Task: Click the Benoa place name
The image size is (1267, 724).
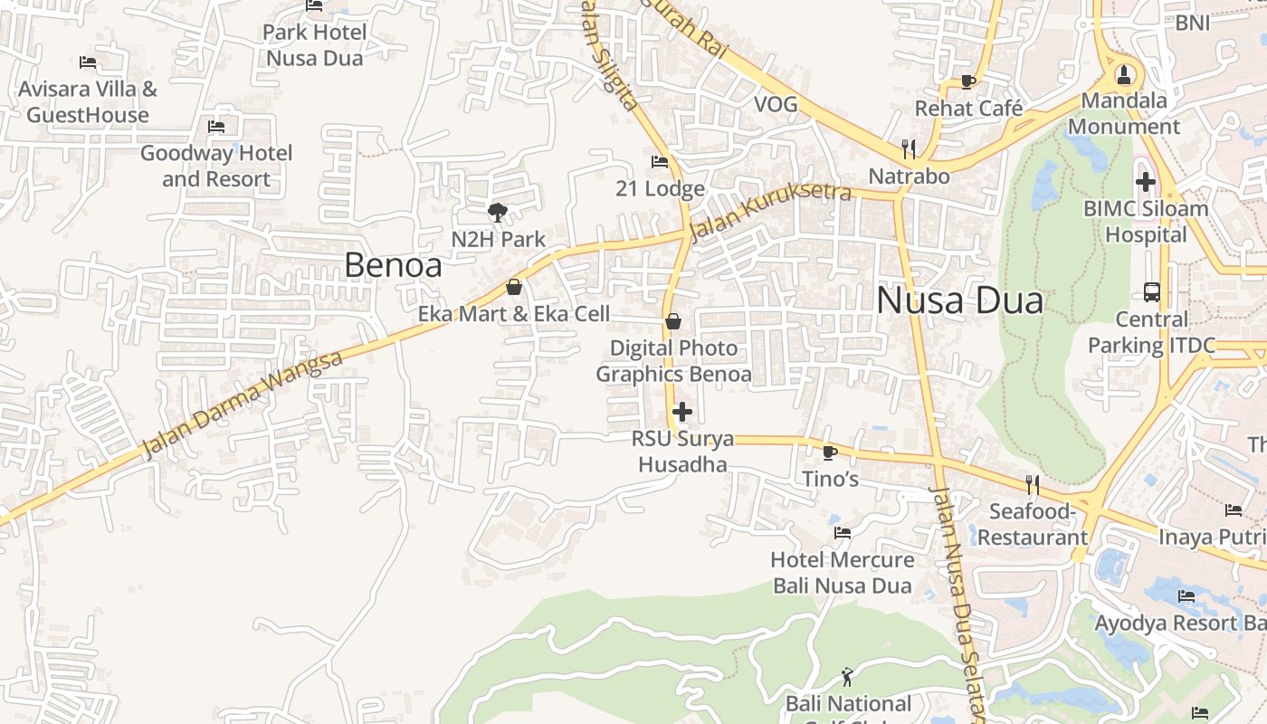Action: click(393, 265)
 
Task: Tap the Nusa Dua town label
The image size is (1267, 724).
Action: click(959, 300)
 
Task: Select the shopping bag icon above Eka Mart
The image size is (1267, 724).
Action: click(514, 287)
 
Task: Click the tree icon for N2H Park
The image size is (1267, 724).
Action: click(497, 213)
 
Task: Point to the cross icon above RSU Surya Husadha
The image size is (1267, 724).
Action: click(681, 412)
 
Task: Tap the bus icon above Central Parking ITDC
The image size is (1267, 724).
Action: click(1151, 292)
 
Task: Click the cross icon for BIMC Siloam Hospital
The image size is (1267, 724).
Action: click(1146, 182)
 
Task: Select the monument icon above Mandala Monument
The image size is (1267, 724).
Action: click(1124, 74)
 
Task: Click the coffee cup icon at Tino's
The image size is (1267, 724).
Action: click(829, 452)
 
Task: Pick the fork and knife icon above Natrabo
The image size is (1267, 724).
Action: click(909, 148)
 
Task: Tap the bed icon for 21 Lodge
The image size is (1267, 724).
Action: click(660, 162)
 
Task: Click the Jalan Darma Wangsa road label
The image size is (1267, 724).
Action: click(243, 405)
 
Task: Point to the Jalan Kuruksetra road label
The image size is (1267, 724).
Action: click(770, 212)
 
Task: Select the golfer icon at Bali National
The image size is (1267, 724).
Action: click(847, 676)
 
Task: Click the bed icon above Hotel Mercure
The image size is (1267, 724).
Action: click(842, 533)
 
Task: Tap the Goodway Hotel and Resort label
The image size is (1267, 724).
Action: click(216, 166)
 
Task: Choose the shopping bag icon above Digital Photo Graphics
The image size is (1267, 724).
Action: click(673, 321)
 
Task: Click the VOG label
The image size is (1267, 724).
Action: click(776, 105)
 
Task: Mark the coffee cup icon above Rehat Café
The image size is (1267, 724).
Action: click(967, 81)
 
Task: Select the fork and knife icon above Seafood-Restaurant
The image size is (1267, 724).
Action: click(1031, 484)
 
